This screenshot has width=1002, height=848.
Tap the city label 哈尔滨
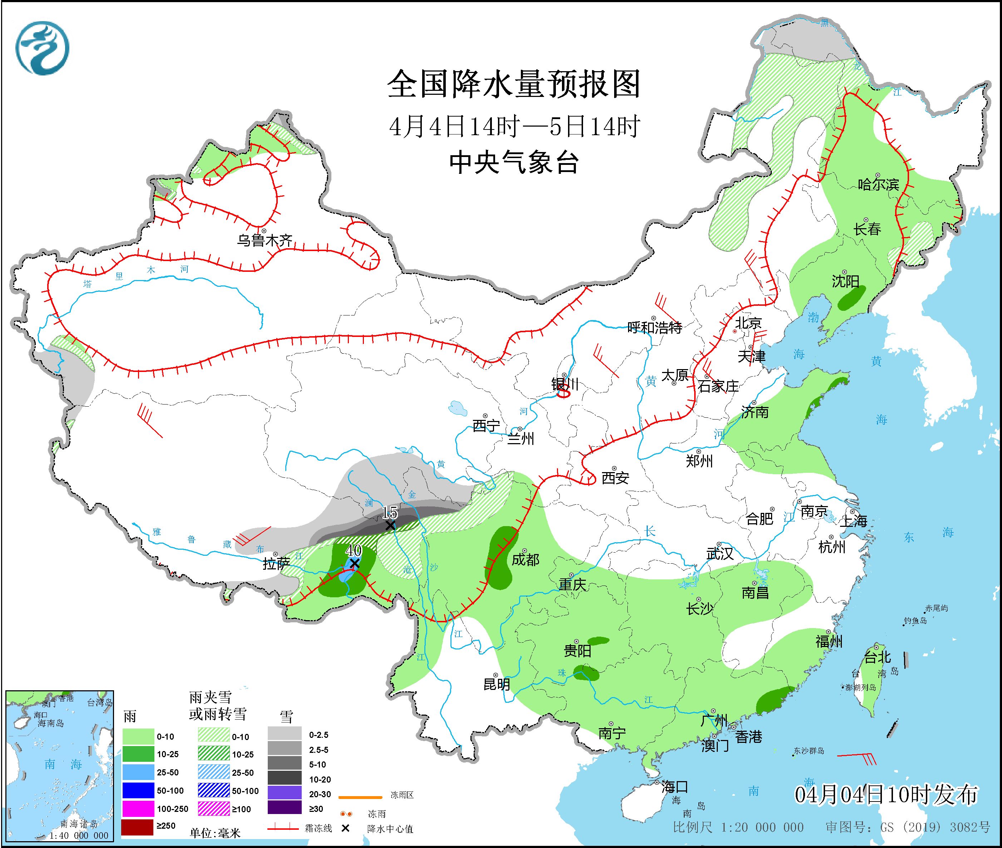pos(878,185)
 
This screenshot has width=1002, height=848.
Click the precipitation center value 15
pos(389,513)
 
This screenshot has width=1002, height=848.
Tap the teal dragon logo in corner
pos(42,48)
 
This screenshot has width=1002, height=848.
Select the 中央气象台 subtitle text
pos(514,162)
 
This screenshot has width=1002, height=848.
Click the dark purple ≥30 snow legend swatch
pos(285,809)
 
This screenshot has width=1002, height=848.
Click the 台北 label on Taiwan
pos(878,657)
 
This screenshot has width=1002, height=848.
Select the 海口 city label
pos(675,787)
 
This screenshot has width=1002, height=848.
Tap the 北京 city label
pos(748,323)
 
